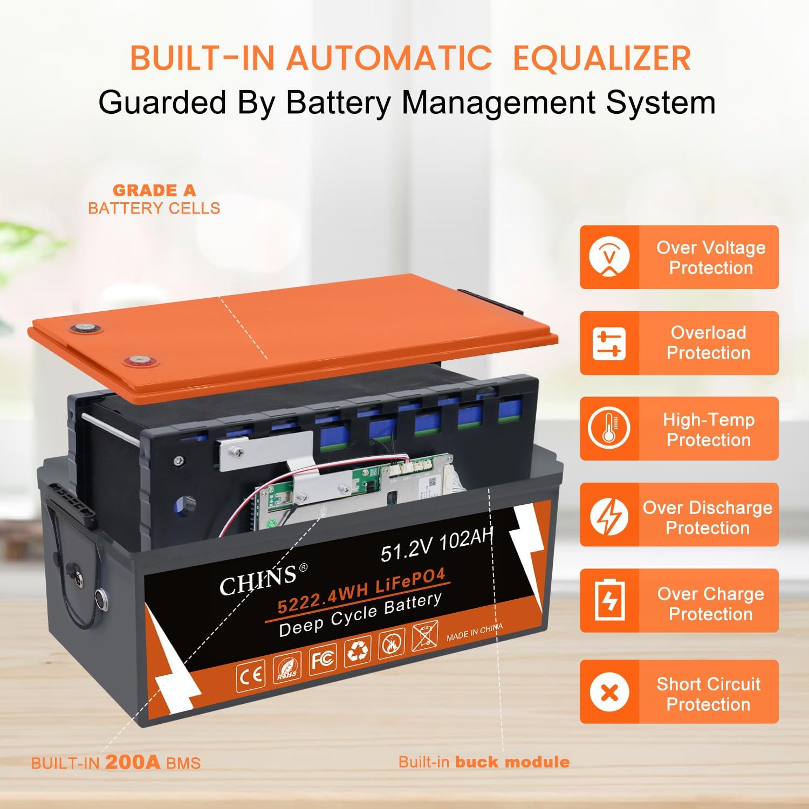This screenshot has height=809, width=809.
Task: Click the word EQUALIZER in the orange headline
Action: point(602,58)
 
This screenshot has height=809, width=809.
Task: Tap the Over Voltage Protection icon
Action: point(609,257)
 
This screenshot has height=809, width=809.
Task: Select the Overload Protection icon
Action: point(609,343)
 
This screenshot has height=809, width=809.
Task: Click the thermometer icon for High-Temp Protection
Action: point(609,429)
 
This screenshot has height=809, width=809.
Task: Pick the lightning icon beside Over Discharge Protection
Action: point(609,515)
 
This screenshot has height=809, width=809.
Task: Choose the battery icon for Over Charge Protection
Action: point(609,600)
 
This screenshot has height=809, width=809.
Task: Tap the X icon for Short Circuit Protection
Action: point(609,692)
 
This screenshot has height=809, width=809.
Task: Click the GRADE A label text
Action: point(154,190)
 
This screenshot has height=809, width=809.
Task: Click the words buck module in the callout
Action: point(512,762)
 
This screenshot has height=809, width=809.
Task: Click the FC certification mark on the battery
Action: point(322,657)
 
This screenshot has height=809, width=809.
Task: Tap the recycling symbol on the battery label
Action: point(357,651)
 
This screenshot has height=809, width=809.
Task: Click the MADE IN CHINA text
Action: point(475,632)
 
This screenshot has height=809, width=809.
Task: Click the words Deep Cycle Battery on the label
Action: point(360,615)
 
